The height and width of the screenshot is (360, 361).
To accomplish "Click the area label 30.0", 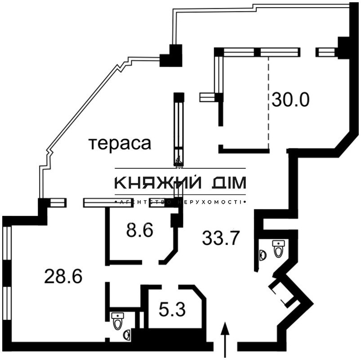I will (x=290, y=99).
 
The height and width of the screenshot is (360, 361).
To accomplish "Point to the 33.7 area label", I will (x=221, y=237).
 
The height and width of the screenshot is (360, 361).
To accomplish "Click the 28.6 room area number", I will (x=63, y=276).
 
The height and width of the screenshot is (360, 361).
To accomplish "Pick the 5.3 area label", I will (x=173, y=309).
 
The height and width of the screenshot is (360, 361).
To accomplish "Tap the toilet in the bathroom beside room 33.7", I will (x=278, y=248).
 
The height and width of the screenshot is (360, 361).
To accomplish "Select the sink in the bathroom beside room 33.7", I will (x=263, y=255).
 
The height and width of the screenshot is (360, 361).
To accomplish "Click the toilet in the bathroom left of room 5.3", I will (x=118, y=321).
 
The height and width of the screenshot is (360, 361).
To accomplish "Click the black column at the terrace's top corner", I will (x=172, y=56).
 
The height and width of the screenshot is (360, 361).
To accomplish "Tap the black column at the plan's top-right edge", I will (x=344, y=47).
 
